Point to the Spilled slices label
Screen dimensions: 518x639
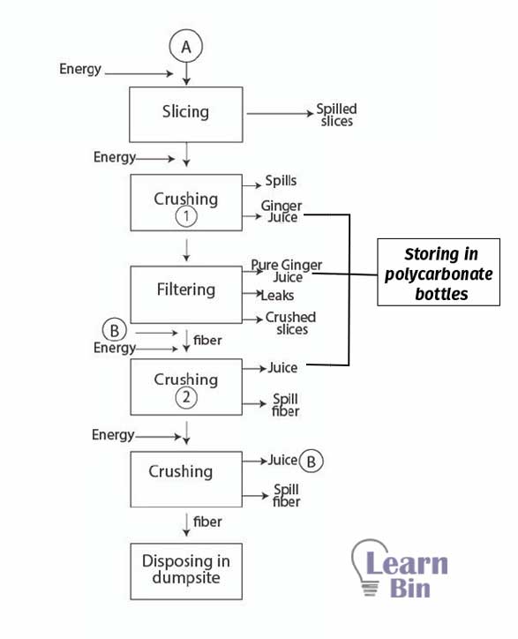(336, 115)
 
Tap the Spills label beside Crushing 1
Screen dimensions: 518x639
(281, 181)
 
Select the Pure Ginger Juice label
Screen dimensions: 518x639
(287, 271)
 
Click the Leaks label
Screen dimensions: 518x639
(277, 295)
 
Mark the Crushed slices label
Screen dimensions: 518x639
(290, 323)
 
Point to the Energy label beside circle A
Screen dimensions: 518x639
(80, 69)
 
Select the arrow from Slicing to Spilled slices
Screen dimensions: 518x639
(280, 114)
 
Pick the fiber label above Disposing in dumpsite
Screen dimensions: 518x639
(207, 522)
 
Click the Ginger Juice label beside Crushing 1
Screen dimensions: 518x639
(282, 211)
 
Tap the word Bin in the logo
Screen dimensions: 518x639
(410, 589)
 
